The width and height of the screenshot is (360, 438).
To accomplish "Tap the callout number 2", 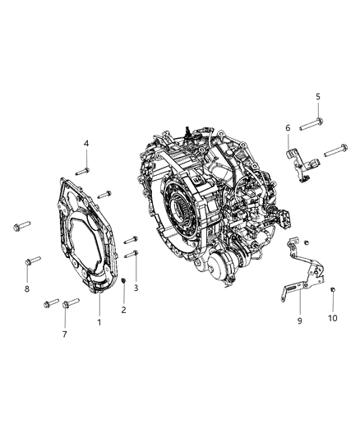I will tap(123, 310).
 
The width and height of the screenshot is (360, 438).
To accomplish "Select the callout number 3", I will tap(137, 288).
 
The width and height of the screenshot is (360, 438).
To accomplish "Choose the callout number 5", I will tap(317, 98).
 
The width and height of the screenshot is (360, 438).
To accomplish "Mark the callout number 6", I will tap(288, 127).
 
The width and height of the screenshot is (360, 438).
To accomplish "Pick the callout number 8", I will tap(26, 290).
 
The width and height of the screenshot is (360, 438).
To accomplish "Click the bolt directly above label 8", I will tap(28, 262).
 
